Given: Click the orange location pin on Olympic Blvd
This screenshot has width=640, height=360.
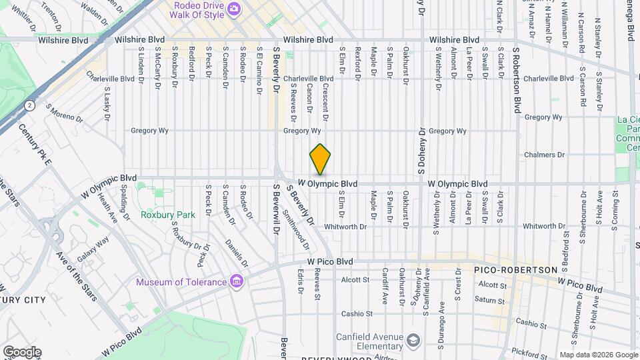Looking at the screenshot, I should pyautogui.click(x=320, y=159).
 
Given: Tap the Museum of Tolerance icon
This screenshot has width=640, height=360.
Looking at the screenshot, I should pyautogui.click(x=235, y=281).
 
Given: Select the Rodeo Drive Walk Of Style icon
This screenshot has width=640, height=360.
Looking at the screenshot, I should pyautogui.click(x=233, y=9).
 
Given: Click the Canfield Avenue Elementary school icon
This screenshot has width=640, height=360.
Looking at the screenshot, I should pyautogui.click(x=413, y=341).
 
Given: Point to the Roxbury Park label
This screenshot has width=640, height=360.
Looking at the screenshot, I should pyautogui.click(x=168, y=215).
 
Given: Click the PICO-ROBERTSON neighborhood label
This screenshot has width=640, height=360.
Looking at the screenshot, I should pyautogui.click(x=515, y=269).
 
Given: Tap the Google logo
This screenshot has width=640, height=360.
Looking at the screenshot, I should pyautogui.click(x=22, y=352).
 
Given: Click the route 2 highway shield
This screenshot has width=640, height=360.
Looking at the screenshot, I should pyautogui.click(x=29, y=105).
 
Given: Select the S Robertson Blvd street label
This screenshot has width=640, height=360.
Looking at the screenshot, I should pyautogui.click(x=516, y=80).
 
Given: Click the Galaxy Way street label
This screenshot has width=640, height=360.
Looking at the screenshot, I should pyautogui.click(x=93, y=250).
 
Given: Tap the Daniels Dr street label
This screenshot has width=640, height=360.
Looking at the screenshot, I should pyautogui.click(x=236, y=254).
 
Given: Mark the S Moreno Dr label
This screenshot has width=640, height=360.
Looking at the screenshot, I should pyautogui.click(x=64, y=113).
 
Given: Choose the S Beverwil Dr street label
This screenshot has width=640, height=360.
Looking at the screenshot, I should pyautogui.click(x=275, y=214).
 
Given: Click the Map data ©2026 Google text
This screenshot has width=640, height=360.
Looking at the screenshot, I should pyautogui.click(x=598, y=355).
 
